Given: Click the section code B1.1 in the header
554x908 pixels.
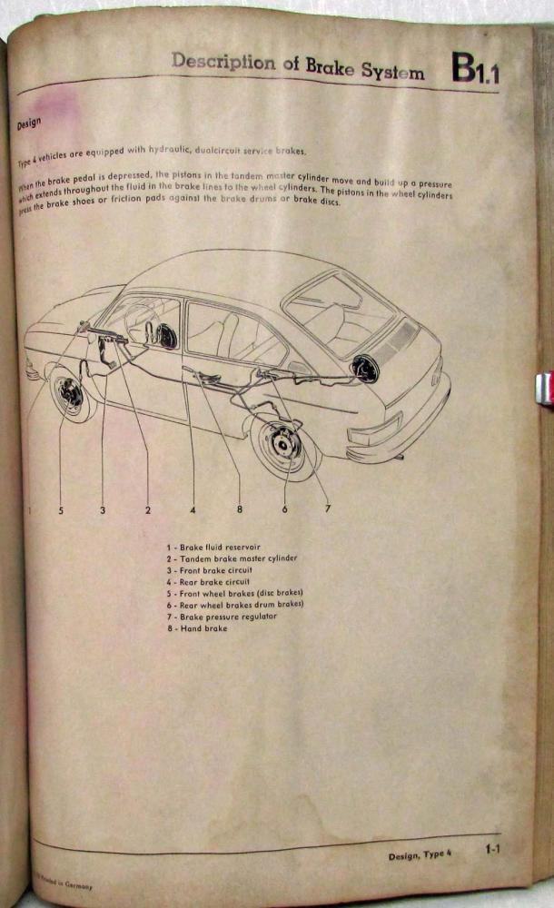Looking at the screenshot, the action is [x=475, y=68].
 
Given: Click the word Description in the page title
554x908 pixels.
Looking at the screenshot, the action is [x=223, y=62].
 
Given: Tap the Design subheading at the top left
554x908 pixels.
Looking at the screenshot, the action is [x=29, y=123].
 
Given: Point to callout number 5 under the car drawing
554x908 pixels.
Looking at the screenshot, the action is [x=61, y=510].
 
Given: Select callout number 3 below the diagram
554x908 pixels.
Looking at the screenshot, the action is [x=103, y=510].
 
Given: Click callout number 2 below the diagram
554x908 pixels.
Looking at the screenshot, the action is [x=148, y=510].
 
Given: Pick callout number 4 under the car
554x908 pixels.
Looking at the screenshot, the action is [x=193, y=510].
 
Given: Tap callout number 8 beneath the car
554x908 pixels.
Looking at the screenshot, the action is [x=240, y=509].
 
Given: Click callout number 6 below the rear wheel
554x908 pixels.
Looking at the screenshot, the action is [x=284, y=509].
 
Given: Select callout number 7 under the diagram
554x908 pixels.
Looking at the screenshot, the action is [x=328, y=508].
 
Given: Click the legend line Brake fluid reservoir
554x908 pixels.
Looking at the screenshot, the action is [x=213, y=548].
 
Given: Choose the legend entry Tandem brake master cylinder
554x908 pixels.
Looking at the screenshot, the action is [x=232, y=558].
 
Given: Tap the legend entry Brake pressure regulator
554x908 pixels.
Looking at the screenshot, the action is [x=222, y=617].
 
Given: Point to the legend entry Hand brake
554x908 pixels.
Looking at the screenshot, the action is [x=197, y=628].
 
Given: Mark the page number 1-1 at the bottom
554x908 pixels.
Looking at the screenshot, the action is [x=492, y=850].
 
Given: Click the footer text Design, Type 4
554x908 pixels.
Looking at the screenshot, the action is [x=420, y=854].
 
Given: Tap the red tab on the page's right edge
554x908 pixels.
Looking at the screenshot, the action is [x=544, y=390].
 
